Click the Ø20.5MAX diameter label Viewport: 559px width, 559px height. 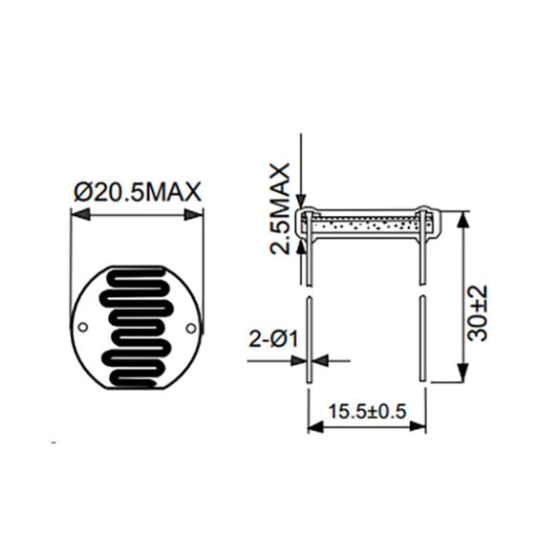(138, 192)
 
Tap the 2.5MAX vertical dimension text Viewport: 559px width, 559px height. (279, 208)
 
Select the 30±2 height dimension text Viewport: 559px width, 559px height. (477, 313)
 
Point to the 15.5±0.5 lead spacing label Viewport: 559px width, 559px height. (367, 412)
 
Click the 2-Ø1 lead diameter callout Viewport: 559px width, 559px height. (273, 339)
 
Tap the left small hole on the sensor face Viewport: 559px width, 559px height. (83, 327)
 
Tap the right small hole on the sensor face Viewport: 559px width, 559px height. (191, 327)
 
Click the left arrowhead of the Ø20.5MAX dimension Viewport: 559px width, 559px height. (80, 215)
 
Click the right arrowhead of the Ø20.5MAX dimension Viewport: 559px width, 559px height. (194, 215)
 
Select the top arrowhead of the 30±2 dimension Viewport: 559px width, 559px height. (462, 221)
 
